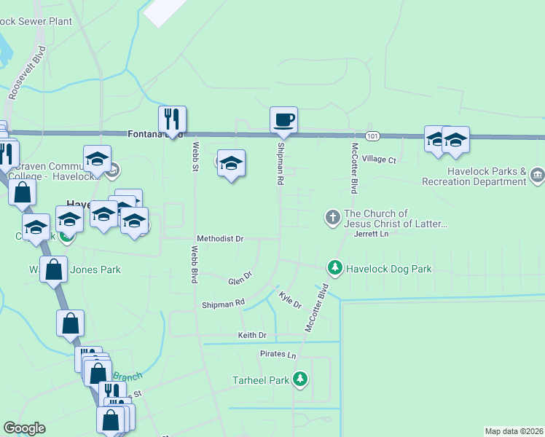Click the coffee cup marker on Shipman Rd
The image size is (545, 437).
click(283, 119)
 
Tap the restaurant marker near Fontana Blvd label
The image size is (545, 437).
click(172, 119)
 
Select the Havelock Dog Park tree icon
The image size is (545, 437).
click(335, 268)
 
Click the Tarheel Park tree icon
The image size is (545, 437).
click(299, 379)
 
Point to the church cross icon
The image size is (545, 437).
click(332, 217)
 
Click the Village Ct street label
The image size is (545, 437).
click(379, 160)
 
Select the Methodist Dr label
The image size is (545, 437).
click(220, 238)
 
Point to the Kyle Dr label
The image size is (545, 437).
click(290, 299)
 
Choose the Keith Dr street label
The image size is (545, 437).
click(252, 335)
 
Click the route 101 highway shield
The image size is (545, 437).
click(373, 136)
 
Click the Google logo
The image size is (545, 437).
click(24, 428)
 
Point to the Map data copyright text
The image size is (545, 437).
click(514, 430)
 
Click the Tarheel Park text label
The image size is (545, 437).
click(260, 380)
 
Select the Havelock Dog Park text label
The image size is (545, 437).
click(388, 269)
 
